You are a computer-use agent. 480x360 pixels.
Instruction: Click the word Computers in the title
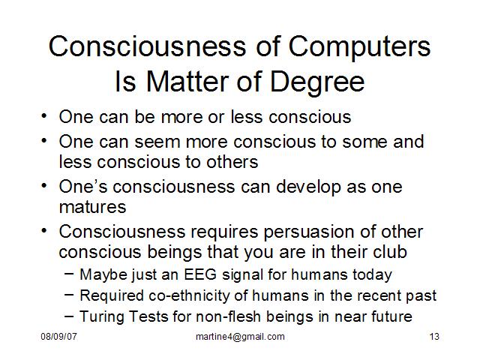[x=359, y=46]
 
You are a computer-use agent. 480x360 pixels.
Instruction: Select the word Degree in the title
[x=317, y=82]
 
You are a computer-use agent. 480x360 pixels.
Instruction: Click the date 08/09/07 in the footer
[x=58, y=337]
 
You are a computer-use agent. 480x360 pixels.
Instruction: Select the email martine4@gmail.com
[x=240, y=337]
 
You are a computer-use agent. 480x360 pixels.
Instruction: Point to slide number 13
[x=434, y=337]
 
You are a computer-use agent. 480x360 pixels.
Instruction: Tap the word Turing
[x=102, y=316]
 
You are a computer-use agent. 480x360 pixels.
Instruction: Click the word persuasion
[x=309, y=232]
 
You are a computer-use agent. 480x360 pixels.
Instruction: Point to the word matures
[x=92, y=207]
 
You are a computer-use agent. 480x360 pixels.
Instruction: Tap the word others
[x=232, y=162]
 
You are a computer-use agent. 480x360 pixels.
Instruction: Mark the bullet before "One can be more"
[x=44, y=117]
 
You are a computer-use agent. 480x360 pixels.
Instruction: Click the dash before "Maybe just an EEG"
[x=69, y=274]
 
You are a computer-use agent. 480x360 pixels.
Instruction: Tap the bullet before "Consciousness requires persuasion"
[x=44, y=231]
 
